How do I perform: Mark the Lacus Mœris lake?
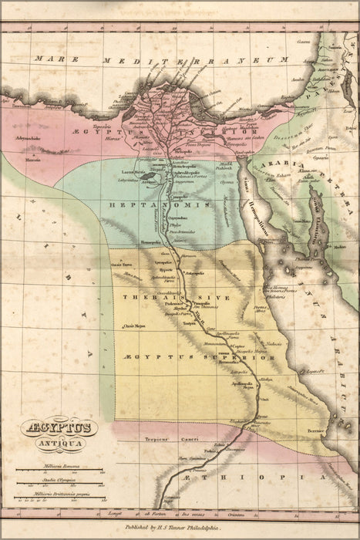tap(147, 176)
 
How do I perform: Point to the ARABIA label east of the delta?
tap(274, 164)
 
